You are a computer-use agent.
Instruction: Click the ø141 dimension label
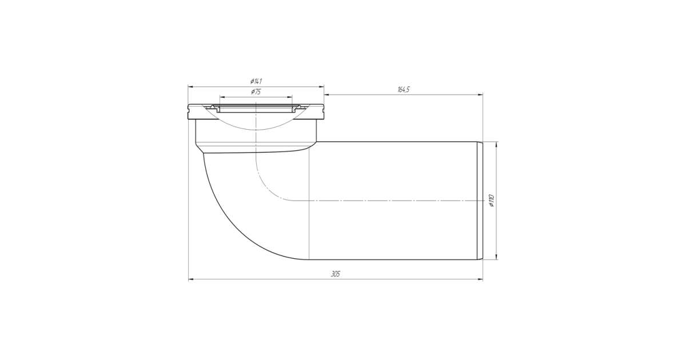click(256, 81)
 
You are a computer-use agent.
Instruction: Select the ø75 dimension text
click(256, 92)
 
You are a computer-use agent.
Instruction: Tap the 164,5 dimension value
click(404, 90)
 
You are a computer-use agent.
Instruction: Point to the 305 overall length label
click(336, 274)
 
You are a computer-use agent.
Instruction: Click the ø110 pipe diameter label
click(492, 201)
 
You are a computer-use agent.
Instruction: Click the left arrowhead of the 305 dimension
click(191, 279)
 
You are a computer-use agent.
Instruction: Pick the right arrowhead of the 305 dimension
click(480, 279)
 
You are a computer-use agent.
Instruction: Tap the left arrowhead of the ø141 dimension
click(191, 87)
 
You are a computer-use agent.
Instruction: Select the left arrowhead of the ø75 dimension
click(222, 97)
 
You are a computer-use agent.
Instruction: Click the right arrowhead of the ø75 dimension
click(289, 97)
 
